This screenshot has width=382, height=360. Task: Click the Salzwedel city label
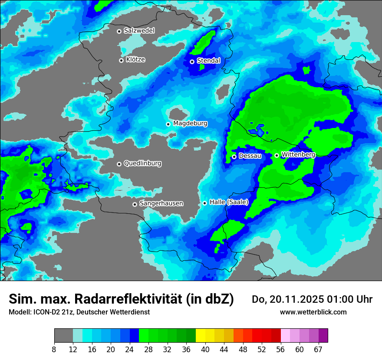(x=139, y=31)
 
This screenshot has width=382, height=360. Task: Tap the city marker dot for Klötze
(x=122, y=60)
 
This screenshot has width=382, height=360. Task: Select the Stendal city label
(x=208, y=61)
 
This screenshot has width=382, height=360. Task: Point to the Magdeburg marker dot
(x=168, y=124)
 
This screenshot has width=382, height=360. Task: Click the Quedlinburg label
(x=142, y=164)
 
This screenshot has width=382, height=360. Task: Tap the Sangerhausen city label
(x=161, y=203)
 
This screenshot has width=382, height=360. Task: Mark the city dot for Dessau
(x=234, y=157)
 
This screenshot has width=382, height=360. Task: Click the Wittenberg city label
(x=298, y=154)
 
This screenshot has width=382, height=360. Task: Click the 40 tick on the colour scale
(x=205, y=349)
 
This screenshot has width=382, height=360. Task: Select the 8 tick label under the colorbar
(x=54, y=349)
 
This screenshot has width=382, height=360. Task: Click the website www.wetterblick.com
(x=313, y=312)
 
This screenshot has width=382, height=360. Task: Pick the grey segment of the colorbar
(x=63, y=336)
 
